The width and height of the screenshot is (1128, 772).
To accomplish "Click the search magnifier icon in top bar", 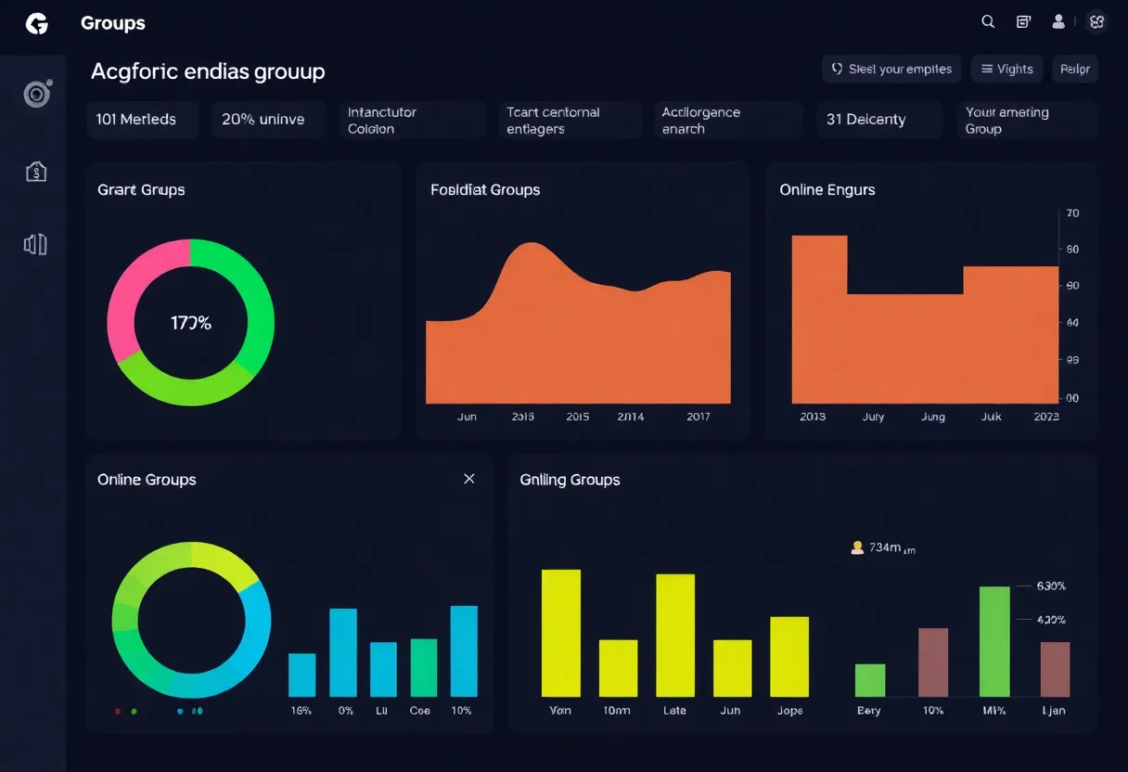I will coord(988,22).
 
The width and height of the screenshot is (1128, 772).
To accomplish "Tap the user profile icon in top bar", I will coord(1058,22).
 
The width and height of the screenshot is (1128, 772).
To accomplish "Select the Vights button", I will coord(1006,69).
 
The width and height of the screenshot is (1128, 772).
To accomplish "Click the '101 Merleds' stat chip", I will coord(142,120).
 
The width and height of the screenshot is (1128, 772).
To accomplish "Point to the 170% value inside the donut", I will coord(191,323).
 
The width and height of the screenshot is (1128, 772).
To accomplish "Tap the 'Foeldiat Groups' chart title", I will coord(485,189).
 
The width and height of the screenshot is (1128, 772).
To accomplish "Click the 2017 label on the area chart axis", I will coord(698,417).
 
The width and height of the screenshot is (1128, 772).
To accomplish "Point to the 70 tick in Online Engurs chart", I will coord(1072,213).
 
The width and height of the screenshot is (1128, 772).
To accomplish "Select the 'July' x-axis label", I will coord(873,417).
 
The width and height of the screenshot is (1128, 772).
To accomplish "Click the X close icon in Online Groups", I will coord(468,479).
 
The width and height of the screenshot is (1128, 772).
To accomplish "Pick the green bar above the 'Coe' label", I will coord(423,667).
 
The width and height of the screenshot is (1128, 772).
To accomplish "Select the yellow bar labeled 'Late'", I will coord(675,635).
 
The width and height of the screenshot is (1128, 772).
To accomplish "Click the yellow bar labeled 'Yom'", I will coord(560,633).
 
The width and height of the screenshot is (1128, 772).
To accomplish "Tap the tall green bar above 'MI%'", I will coord(994,641).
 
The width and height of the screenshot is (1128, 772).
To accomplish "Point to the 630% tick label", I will coord(1051,586).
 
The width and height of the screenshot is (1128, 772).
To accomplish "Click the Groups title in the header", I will coord(113,23).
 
